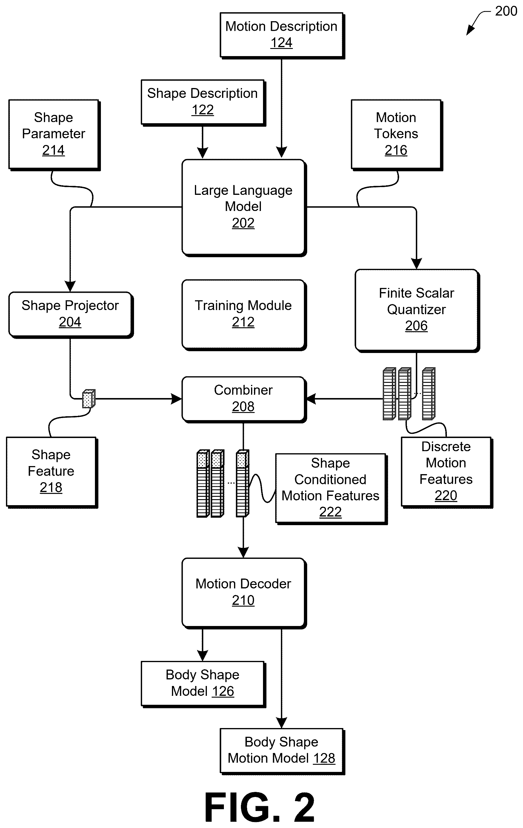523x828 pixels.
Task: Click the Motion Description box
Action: click(x=282, y=36)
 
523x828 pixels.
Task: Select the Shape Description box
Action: click(x=203, y=102)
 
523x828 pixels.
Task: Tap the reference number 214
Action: click(x=53, y=150)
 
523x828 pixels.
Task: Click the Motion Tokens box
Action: click(x=397, y=135)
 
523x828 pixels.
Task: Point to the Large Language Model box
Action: click(x=244, y=207)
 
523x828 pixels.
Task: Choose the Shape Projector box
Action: click(x=71, y=314)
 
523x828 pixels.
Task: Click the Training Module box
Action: click(x=244, y=314)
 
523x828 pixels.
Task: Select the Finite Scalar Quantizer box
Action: click(x=417, y=311)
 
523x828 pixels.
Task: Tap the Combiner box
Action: click(x=244, y=399)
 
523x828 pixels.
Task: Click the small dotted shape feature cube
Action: click(x=89, y=399)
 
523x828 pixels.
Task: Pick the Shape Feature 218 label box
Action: click(x=52, y=472)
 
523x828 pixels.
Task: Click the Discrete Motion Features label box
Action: click(x=447, y=472)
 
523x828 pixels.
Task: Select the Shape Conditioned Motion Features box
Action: click(x=331, y=489)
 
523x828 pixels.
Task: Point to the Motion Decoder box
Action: click(x=244, y=593)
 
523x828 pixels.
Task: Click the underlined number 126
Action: click(x=223, y=691)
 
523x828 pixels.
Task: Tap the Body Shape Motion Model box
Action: click(x=282, y=751)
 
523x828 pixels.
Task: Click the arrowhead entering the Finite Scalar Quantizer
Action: click(x=417, y=264)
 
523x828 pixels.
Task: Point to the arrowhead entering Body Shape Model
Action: click(x=203, y=656)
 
